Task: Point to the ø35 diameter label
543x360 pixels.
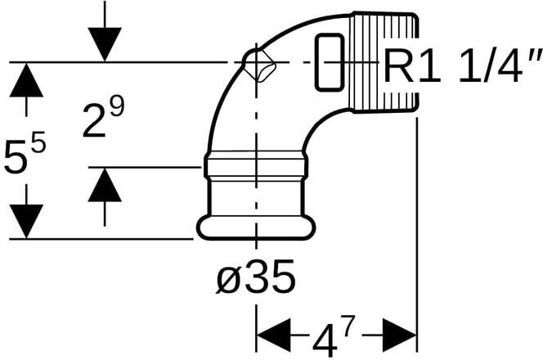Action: coord(255,280)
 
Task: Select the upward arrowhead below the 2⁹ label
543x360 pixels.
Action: coord(105,186)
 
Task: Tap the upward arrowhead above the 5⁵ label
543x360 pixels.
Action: coord(26,81)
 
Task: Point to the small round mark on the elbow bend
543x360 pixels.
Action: coord(258,65)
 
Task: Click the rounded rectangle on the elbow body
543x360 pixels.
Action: coord(329,62)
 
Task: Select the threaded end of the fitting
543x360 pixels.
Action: coord(384,61)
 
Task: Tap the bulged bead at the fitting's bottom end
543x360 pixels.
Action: coord(255,227)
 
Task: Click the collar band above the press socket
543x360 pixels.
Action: coord(255,167)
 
